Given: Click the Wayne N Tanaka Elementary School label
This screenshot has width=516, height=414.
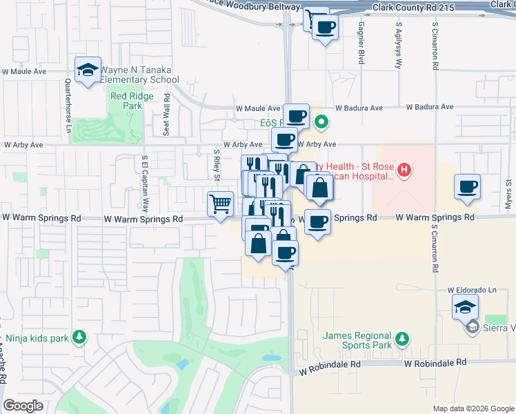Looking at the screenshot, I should pos(140,75).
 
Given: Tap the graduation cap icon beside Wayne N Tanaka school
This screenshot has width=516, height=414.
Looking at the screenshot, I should pos(88,70).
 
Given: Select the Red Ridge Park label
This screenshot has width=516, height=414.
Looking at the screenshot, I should pos(126,101).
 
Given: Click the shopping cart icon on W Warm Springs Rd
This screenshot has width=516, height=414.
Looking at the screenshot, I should pos(221,204).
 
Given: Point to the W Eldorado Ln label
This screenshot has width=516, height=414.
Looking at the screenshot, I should pos(472,290).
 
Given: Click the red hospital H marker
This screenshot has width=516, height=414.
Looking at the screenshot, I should pos(405,168).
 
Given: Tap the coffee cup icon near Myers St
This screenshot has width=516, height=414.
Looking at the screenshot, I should pos(467,187).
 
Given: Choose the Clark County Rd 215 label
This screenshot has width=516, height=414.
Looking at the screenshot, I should pos(418,8).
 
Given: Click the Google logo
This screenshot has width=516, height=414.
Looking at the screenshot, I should pos(23,406).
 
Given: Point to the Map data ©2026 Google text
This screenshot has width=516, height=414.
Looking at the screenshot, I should pos(473,408).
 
